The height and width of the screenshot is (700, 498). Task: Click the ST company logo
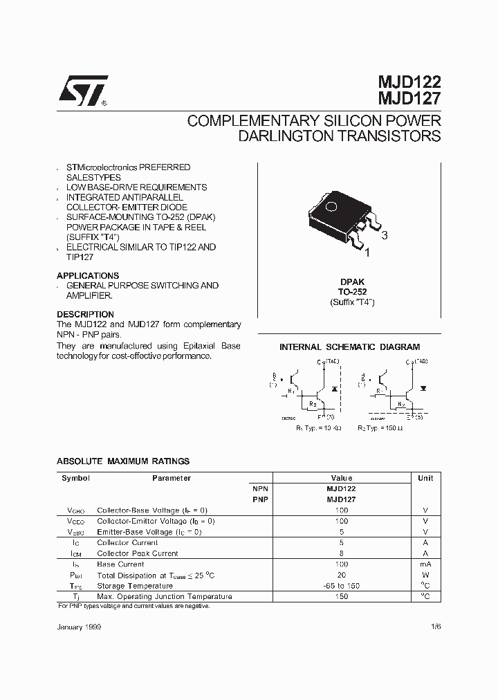click(82, 91)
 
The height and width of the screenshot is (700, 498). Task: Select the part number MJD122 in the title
click(409, 84)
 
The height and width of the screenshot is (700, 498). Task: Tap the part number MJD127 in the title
click(409, 100)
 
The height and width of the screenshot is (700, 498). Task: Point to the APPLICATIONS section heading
click(88, 275)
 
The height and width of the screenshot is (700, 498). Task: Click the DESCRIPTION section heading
click(85, 314)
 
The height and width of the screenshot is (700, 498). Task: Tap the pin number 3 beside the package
click(385, 236)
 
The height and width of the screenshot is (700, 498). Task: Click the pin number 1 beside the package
click(367, 253)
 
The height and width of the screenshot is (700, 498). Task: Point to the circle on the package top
click(331, 205)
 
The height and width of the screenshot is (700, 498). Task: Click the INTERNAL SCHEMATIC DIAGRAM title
click(349, 347)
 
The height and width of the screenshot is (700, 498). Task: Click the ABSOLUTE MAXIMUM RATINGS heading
click(123, 461)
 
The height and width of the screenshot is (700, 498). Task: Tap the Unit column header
click(425, 478)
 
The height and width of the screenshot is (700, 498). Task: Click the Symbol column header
click(75, 478)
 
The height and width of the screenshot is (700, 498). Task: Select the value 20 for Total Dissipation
click(342, 575)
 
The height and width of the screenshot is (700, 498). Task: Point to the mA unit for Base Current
click(425, 564)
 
